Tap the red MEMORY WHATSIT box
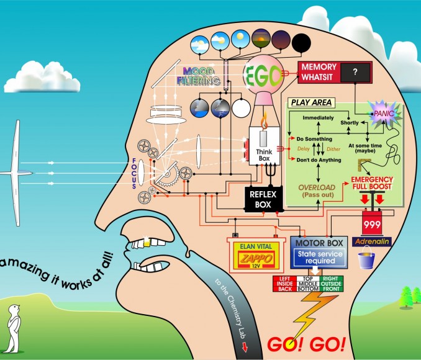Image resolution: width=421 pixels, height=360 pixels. coord(319,72)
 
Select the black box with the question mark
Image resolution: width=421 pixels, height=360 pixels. coord(355,73)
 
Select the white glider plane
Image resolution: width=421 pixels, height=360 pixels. coord(17,168)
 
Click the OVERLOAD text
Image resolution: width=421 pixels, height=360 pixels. coord(317,187)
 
